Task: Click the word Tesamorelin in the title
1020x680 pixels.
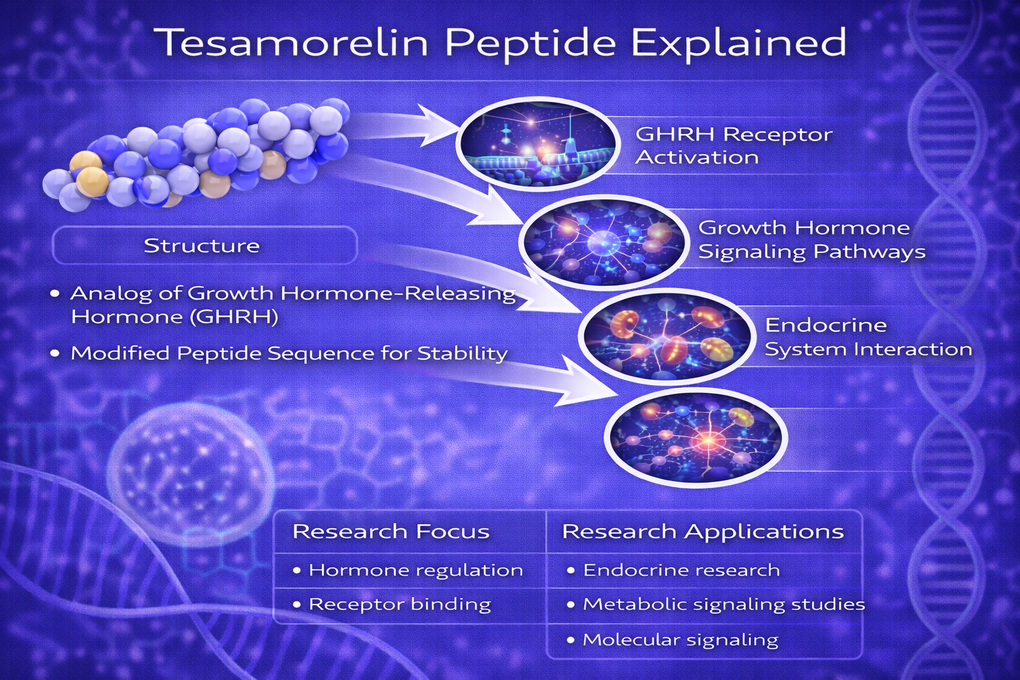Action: pos(292,42)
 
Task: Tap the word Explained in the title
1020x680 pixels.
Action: pos(738,42)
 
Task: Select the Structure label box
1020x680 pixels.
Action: pos(205,245)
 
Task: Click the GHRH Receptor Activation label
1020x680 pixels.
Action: pos(734,145)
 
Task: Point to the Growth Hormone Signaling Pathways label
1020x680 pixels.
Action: pos(811,240)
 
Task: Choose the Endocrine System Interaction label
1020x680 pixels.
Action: pos(869,337)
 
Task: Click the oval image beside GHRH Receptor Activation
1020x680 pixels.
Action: pos(538,144)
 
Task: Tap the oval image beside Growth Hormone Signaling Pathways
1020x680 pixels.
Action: pos(604,242)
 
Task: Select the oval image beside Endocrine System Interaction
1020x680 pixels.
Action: pos(666,337)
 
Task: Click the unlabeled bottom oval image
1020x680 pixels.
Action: pos(695,437)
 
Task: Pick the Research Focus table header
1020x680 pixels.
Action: pos(390,531)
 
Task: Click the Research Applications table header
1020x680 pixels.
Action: pos(703,532)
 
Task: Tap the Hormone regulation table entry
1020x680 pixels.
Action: pos(416,570)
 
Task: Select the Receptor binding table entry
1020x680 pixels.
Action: pos(400,605)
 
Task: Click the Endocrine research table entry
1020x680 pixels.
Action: pos(681,570)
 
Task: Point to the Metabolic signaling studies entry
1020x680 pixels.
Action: pos(724,605)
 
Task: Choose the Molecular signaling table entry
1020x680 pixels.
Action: pos(680,640)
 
